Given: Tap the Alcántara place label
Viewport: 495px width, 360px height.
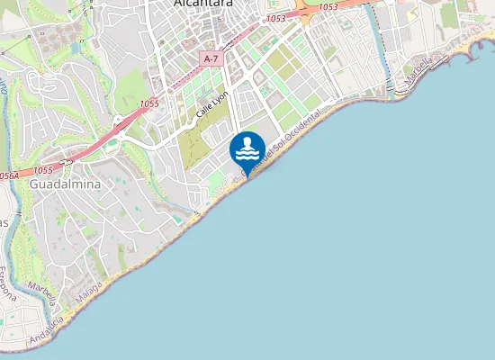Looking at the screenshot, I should click(202, 4).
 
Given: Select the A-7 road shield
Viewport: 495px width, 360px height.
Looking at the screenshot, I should click(211, 58).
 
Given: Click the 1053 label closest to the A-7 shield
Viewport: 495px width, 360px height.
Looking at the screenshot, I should click(276, 18).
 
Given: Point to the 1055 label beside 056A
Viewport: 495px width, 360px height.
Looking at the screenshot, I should click(42, 170).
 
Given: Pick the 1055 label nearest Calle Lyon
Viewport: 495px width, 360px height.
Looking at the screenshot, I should click(148, 105).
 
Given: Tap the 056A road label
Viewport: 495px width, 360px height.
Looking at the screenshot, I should click(9, 176).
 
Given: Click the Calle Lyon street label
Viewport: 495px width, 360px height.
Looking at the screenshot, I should click(213, 105).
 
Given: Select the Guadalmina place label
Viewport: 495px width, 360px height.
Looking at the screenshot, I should click(65, 184).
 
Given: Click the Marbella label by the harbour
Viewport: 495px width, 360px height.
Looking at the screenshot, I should click(418, 73).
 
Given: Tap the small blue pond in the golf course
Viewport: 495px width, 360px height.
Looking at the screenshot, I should click(111, 142).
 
